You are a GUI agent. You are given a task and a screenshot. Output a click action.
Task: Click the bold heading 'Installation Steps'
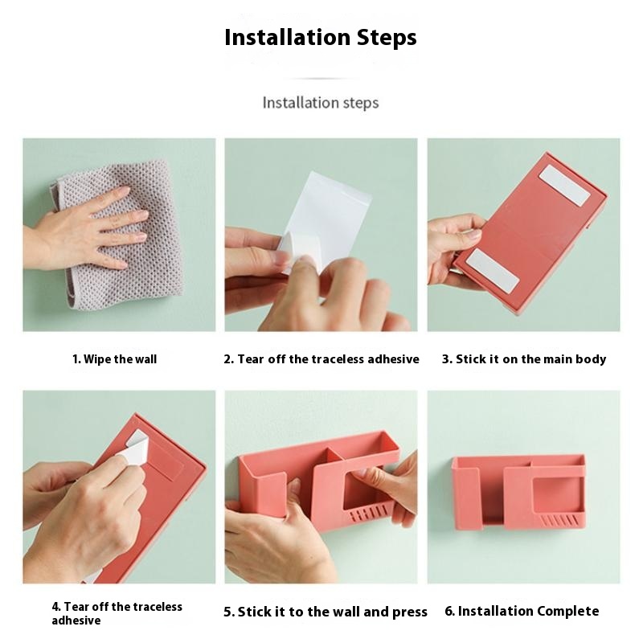point(321,37)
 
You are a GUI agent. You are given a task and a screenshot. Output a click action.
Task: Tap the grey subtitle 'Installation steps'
point(321,103)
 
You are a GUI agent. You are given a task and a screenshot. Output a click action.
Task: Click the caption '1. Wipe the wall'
point(114,359)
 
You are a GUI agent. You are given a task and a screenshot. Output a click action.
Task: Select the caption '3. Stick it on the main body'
point(524,359)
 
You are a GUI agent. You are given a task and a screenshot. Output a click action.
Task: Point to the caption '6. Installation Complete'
point(522,611)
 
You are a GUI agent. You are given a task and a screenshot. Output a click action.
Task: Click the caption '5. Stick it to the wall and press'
point(326,612)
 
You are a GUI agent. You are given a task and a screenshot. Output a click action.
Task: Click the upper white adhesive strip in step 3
point(565,186)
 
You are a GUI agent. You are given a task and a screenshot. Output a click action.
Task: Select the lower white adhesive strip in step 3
point(493,271)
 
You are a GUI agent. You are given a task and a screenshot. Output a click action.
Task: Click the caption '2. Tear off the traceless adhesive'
point(321,359)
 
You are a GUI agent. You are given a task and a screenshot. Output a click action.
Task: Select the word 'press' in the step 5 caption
point(410,612)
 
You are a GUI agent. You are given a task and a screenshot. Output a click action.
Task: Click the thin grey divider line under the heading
point(321,78)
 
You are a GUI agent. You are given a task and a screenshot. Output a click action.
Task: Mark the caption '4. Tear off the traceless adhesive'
point(117,613)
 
